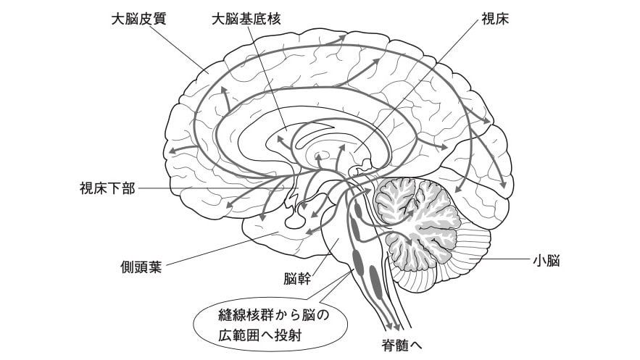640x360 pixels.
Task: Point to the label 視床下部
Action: pyautogui.click(x=107, y=189)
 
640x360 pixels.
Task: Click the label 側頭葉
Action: pyautogui.click(x=141, y=264)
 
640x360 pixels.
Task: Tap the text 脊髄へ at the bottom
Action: pyautogui.click(x=401, y=344)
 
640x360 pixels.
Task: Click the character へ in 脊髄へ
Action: pyautogui.click(x=415, y=344)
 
